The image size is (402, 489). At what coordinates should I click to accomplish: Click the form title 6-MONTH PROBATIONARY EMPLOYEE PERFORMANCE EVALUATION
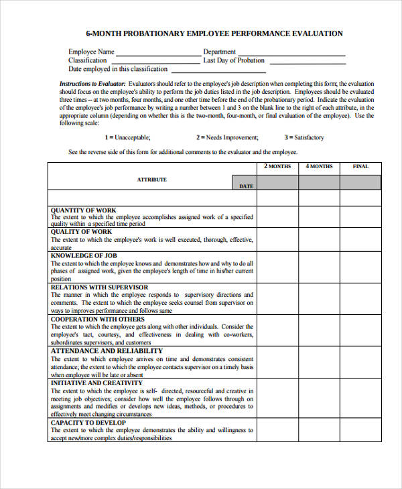pos(214,33)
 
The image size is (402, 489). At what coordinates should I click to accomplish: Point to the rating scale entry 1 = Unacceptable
pos(124,137)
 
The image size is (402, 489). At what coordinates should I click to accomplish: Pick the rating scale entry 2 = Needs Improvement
pos(226,137)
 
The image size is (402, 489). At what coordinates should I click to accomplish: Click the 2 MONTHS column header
pos(277,166)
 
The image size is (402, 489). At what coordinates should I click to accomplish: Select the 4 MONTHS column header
pos(319,166)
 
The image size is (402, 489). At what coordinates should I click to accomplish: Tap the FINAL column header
pos(360,166)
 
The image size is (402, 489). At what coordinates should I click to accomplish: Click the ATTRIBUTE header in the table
pos(152,180)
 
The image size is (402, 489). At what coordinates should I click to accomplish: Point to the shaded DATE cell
pos(245,186)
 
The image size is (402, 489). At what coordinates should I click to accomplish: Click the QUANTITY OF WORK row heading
pos(84,210)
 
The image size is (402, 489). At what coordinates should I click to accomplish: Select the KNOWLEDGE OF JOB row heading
pos(84,255)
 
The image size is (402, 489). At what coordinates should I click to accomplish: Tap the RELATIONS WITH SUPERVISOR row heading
pos(100,287)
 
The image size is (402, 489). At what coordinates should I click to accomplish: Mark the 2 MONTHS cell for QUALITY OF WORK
pos(277,239)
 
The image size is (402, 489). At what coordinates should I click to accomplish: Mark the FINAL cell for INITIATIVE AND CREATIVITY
pos(360,399)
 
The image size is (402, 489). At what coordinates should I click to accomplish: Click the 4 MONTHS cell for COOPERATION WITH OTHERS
pos(319,330)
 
